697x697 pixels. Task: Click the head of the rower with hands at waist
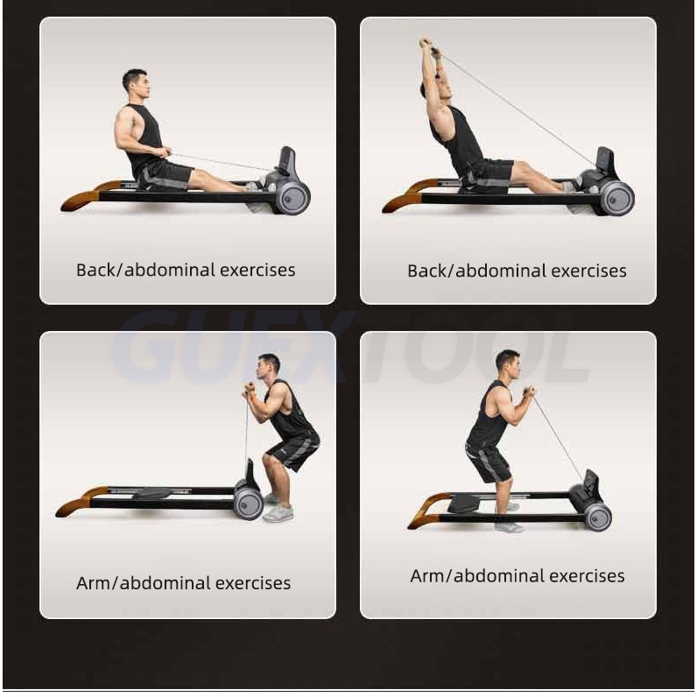137,86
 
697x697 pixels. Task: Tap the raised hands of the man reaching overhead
426,44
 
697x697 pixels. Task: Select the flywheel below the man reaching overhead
617,199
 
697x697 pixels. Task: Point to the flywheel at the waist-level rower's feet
293,197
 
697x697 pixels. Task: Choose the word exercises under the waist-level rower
257,270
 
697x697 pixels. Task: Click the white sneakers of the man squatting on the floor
277,508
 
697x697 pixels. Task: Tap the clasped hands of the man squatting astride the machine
529,391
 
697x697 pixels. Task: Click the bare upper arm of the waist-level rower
126,130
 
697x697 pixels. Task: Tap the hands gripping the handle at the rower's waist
165,152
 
